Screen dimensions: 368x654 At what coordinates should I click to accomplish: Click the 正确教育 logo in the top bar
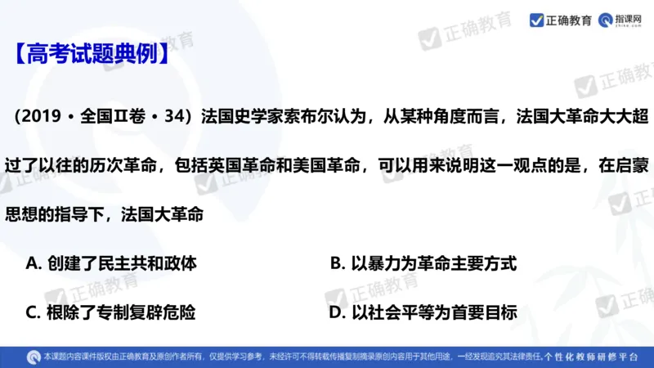pos(561,20)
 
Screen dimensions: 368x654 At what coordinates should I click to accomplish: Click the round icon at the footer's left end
pos(32,357)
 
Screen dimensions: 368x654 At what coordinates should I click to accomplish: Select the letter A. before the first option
pos(34,263)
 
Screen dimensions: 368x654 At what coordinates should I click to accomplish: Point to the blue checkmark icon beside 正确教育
pos(536,20)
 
